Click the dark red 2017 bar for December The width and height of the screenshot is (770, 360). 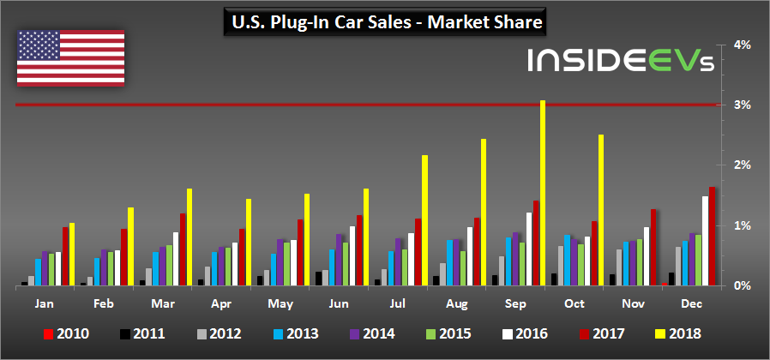pos(713,236)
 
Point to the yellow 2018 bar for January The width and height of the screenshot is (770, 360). pos(72,254)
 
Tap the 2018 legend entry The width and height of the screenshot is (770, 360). pos(682,334)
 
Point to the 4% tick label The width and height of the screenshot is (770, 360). pos(743,45)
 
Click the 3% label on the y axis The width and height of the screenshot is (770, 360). pos(743,105)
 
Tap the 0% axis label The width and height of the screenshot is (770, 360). pos(743,285)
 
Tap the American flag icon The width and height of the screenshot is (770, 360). pos(70,58)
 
